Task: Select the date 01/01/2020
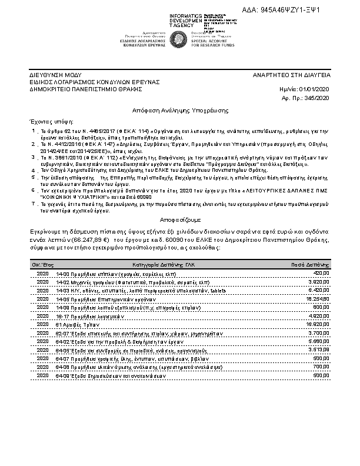[315, 89]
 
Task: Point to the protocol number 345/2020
[316, 96]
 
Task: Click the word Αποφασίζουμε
[180, 215]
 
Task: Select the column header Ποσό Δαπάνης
[311, 265]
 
